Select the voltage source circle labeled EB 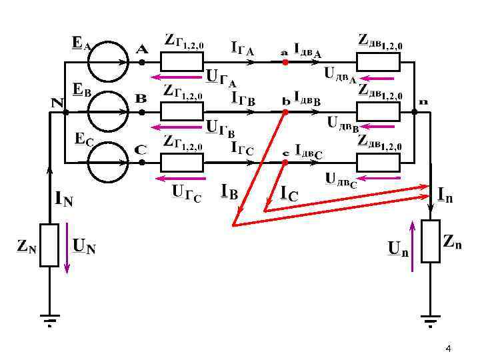pos(107,111)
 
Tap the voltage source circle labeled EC pos(107,162)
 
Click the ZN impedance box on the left pos(49,245)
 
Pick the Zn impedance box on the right pos(430,241)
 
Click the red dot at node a pos(285,62)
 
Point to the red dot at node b pos(285,113)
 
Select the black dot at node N pos(65,112)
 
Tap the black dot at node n pos(414,112)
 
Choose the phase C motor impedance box pos(378,162)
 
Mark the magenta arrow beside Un pos(413,247)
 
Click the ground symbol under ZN pos(49,320)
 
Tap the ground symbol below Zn pos(430,320)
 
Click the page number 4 pos(448,350)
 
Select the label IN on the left pos(64,198)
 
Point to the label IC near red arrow pos(289,193)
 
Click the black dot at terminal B pos(142,112)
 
